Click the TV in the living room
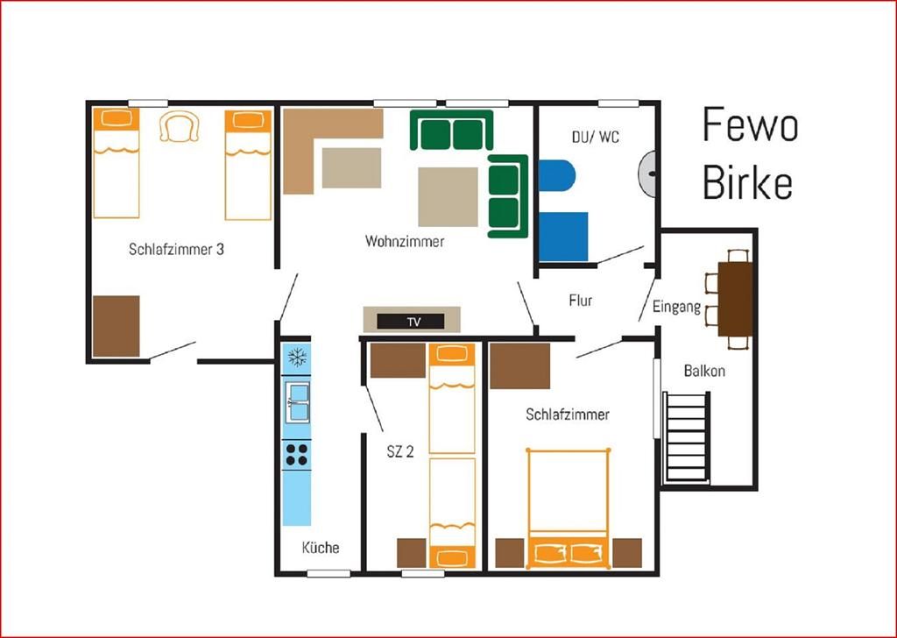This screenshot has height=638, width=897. point(411,322)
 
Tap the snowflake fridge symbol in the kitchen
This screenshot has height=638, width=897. point(297,358)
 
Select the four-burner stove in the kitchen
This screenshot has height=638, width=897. point(296,454)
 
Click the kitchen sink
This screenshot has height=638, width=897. point(297,402)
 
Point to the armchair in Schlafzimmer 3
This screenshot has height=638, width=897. point(179,126)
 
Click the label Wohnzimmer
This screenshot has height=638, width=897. point(405,241)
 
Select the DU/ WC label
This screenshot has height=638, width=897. point(595,137)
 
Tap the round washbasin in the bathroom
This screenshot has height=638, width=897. point(647,173)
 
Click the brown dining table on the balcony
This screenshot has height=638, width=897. point(735,299)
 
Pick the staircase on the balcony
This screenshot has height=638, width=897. point(687,437)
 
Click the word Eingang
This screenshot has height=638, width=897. point(676,307)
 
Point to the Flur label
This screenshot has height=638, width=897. point(580,301)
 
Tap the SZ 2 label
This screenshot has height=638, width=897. point(399,451)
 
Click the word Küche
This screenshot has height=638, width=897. point(321,548)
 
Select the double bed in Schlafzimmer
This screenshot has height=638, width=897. point(568,508)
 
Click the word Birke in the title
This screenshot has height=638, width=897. point(747,181)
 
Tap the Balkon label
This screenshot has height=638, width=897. point(704,371)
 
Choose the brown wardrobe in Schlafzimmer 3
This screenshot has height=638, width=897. point(117,326)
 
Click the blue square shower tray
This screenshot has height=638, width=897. point(563,237)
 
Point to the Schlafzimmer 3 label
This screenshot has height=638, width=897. point(176,250)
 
